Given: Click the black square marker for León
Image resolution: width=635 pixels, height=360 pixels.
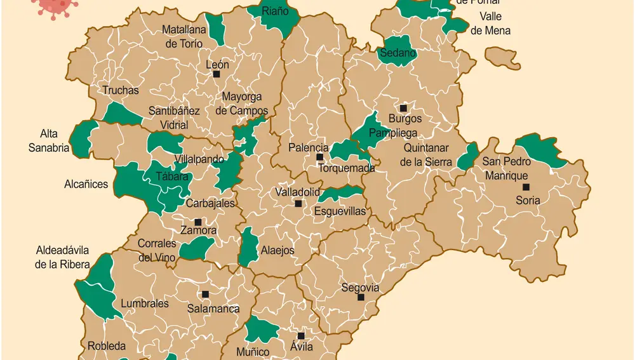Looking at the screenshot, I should point(217,74).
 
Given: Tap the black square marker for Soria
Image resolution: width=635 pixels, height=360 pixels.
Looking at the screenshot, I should point(526,187).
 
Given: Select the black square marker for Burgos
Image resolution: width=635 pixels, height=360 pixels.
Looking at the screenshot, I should point(403,108).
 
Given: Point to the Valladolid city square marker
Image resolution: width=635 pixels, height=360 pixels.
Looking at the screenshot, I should point(298,204).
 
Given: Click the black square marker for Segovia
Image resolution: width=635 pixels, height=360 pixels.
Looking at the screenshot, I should point(361,297).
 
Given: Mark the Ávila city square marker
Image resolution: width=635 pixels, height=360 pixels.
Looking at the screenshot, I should point(301,336).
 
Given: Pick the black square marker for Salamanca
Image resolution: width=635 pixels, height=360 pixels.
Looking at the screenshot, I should point(205,294).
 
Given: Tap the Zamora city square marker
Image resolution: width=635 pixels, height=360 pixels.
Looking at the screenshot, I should point(197,222).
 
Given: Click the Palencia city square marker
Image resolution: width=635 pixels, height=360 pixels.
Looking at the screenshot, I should point(319,157).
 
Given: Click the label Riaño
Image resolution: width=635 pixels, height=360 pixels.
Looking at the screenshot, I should point(275,11).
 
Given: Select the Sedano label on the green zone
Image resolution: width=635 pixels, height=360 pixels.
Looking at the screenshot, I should point(398,53).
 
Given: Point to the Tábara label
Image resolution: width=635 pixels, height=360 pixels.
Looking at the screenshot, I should point(172,177).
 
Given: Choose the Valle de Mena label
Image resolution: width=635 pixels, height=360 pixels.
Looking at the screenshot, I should point(490,23).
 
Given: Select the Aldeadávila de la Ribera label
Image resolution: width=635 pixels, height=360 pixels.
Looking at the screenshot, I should point(62,257).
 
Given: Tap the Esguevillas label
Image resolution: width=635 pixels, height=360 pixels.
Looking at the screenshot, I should point(340,211).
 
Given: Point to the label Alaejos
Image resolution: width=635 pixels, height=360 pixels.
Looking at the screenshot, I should point(277,250).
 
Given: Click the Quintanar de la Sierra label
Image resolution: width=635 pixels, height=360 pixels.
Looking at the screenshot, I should point(426,155).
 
